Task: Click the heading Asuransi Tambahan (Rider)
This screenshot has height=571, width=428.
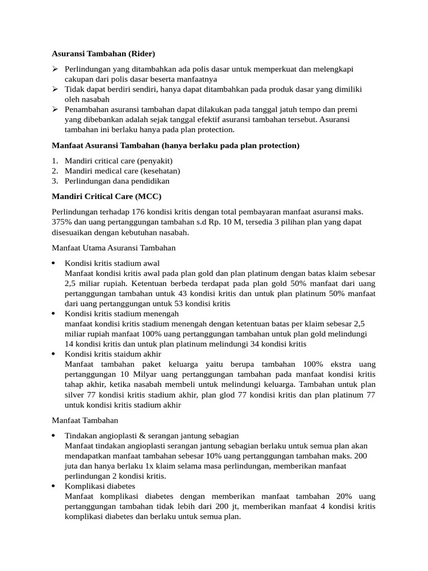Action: tap(103, 54)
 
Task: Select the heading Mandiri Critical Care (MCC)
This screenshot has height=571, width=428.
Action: tap(106, 196)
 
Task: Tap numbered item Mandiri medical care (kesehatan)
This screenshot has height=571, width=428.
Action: tap(122, 171)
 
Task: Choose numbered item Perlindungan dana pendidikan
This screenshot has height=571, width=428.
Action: tap(117, 181)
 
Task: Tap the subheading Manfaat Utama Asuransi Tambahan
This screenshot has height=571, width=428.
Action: tap(114, 248)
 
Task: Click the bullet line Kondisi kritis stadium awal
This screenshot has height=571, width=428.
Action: tap(112, 263)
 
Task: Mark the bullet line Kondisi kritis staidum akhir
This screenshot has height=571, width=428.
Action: tap(113, 354)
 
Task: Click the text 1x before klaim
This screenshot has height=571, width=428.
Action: tap(148, 466)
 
